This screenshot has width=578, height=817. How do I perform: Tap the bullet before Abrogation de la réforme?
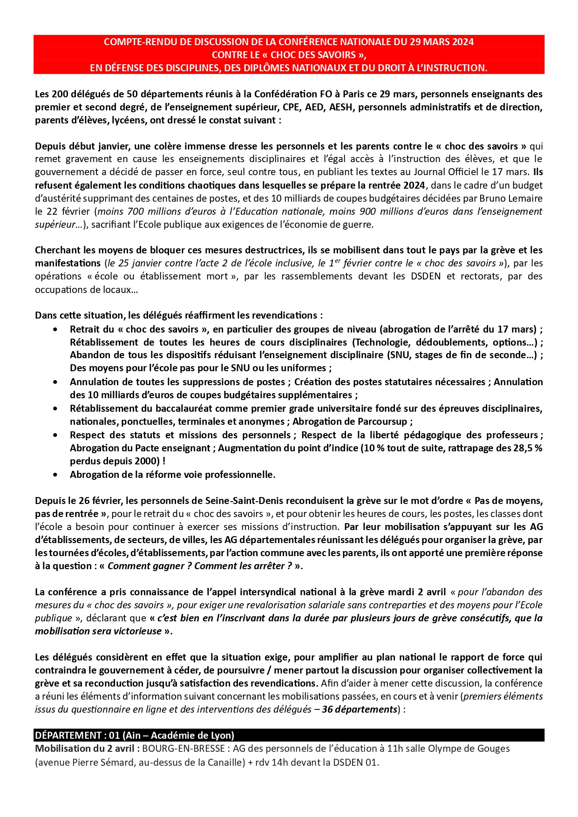(x=55, y=475)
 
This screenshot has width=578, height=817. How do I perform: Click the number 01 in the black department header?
(x=114, y=735)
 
